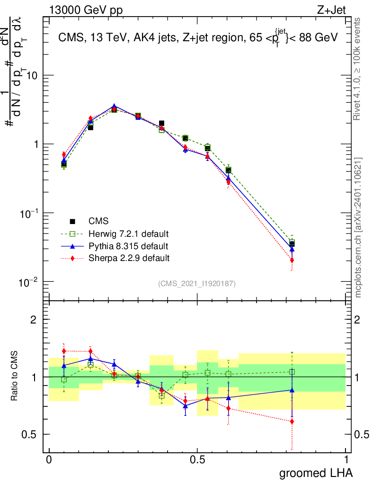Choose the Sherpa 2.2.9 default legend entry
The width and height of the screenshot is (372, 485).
pyautogui.click(x=125, y=258)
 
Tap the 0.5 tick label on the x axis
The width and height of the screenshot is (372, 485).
pyautogui.click(x=197, y=459)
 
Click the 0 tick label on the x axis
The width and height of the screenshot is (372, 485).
pyautogui.click(x=49, y=459)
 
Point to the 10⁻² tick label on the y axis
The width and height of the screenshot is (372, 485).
pyautogui.click(x=29, y=282)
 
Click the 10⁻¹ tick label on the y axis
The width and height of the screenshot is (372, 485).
pyautogui.click(x=29, y=214)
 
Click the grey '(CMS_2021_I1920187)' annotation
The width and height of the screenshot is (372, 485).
pyautogui.click(x=197, y=283)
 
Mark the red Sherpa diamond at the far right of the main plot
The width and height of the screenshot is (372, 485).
pyautogui.click(x=292, y=260)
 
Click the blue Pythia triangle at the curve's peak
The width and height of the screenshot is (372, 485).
pyautogui.click(x=114, y=107)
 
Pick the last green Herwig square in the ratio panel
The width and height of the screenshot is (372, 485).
pyautogui.click(x=292, y=372)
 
